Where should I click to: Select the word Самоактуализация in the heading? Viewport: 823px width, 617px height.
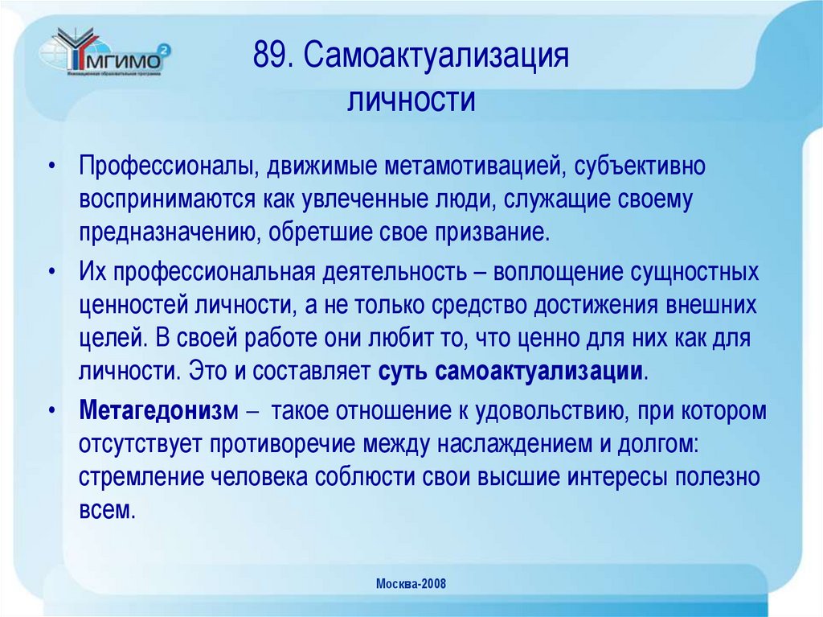[437, 59]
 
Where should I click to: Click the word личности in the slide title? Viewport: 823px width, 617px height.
[412, 101]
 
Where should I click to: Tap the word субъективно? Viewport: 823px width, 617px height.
[644, 168]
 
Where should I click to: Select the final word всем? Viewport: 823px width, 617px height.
[104, 509]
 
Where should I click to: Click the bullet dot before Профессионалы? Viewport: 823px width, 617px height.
[53, 169]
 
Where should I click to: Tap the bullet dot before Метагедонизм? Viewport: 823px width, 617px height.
[53, 412]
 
